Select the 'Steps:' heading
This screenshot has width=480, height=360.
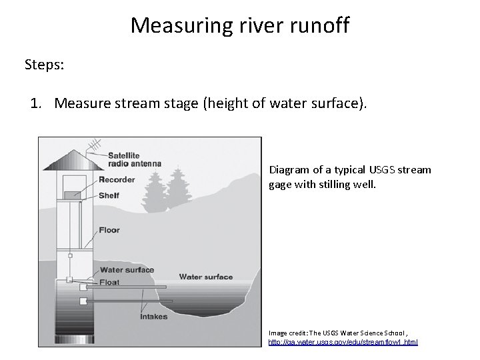pos(45,65)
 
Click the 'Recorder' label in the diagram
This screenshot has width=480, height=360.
pos(117,179)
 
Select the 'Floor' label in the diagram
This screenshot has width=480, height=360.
pos(109,230)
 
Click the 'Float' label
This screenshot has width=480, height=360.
pos(110,282)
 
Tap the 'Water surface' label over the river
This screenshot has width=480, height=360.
pos(206,277)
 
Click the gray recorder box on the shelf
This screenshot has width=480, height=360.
pos(73,194)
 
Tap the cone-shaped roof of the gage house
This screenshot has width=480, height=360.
pos(71,161)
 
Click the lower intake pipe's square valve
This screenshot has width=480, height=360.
pos(83,301)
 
